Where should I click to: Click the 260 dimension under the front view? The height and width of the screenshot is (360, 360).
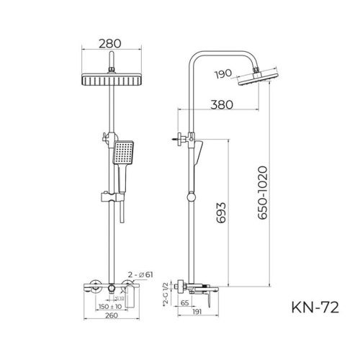pos(110,316)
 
